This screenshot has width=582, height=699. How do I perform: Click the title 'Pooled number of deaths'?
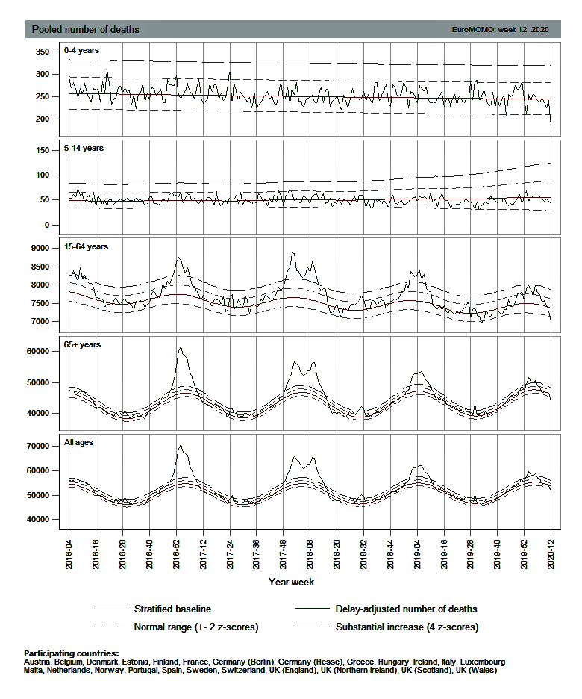coord(84,30)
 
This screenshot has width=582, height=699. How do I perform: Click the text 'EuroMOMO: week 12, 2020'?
coord(500,30)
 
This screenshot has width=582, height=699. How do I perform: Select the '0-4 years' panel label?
coord(81,51)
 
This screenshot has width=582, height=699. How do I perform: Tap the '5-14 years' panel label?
coord(84,148)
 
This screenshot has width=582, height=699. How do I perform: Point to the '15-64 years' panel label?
coord(87,246)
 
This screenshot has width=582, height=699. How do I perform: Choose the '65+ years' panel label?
coord(83,344)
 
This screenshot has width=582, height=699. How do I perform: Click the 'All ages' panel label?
coord(79,443)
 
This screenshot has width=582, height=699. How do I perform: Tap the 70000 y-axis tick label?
coord(37,446)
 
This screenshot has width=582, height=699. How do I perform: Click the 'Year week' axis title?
coord(291,581)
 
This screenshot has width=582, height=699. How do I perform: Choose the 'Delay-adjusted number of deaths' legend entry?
coord(406,609)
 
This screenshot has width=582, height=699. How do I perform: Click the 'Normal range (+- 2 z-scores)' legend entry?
coord(195,627)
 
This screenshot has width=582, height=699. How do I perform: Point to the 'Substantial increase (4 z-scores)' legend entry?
coord(407,627)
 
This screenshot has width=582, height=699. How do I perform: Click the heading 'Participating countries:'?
coord(72,653)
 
